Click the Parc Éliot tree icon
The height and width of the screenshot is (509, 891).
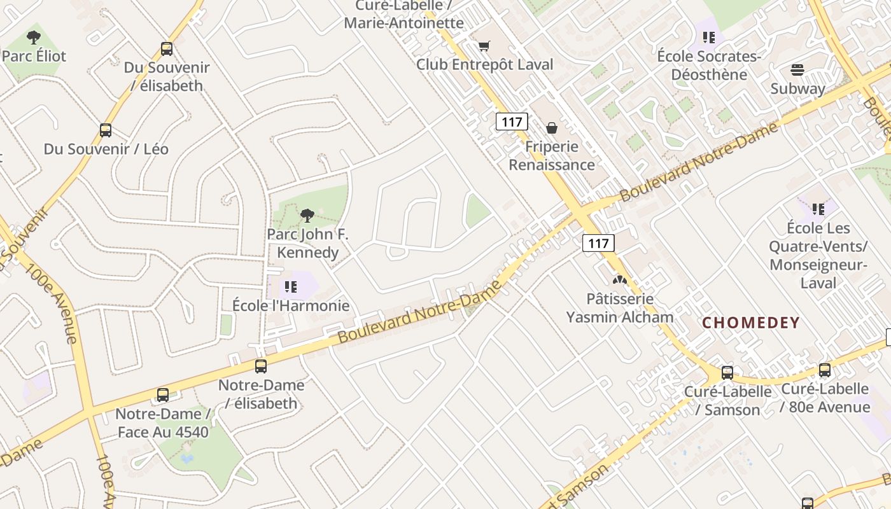coord(34,38)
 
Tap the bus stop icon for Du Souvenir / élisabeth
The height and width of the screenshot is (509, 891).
coord(167,49)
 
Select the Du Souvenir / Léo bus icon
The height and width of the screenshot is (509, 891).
coord(106,130)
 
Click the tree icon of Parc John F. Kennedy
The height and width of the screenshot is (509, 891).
coord(307,216)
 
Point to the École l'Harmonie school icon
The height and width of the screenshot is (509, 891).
coord(291,287)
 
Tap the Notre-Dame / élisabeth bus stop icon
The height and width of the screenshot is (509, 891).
coord(261,366)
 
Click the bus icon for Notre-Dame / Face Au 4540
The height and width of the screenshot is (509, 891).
coord(163,395)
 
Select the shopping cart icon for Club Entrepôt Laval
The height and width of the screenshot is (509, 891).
coord(484,46)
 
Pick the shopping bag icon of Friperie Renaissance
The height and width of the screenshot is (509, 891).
coord(552,128)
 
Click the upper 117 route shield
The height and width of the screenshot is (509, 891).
coord(512,122)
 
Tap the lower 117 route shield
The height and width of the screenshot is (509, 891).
coord(598,242)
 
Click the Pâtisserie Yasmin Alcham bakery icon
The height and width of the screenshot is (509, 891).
coord(619,279)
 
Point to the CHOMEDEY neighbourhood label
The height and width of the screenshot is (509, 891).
coord(751,323)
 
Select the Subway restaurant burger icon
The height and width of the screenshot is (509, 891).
coord(797,70)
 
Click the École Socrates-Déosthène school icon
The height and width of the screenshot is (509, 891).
coord(709,38)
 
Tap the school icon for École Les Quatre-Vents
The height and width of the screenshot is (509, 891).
coord(818,209)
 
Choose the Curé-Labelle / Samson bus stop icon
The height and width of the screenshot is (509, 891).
coord(727,373)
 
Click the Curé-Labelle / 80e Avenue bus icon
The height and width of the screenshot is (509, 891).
coord(825,370)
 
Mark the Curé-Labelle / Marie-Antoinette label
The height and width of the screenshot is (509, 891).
coord(404,15)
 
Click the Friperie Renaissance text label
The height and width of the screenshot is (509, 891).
coord(552,156)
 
